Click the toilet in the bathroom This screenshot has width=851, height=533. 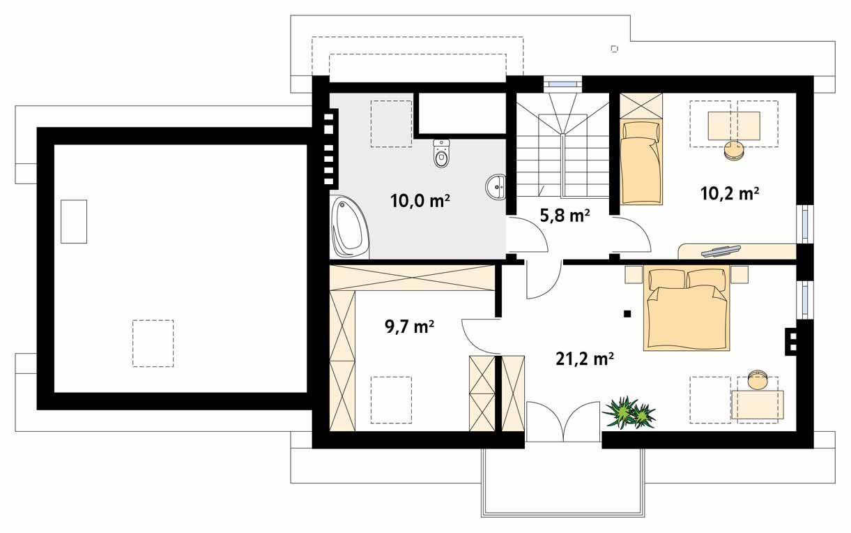click(x=440, y=154)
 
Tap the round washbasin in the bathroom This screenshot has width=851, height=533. click(x=497, y=186)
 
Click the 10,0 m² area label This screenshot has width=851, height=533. click(x=420, y=202)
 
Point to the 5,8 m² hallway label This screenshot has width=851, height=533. click(x=565, y=216)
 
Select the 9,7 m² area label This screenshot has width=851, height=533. click(x=409, y=326)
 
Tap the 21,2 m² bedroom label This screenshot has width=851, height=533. click(x=584, y=359)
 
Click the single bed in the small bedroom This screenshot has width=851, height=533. click(x=640, y=163)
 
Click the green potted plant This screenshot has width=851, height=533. click(x=629, y=412)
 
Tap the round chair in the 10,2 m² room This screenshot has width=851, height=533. click(x=733, y=150)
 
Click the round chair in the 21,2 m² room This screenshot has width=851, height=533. click(x=758, y=381)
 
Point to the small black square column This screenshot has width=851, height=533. click(x=627, y=314)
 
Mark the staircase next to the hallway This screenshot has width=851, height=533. click(x=562, y=147)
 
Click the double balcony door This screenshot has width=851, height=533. click(x=563, y=421)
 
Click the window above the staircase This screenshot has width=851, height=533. click(x=562, y=84)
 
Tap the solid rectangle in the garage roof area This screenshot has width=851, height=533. click(x=74, y=221)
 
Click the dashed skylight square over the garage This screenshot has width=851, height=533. click(x=153, y=343)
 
